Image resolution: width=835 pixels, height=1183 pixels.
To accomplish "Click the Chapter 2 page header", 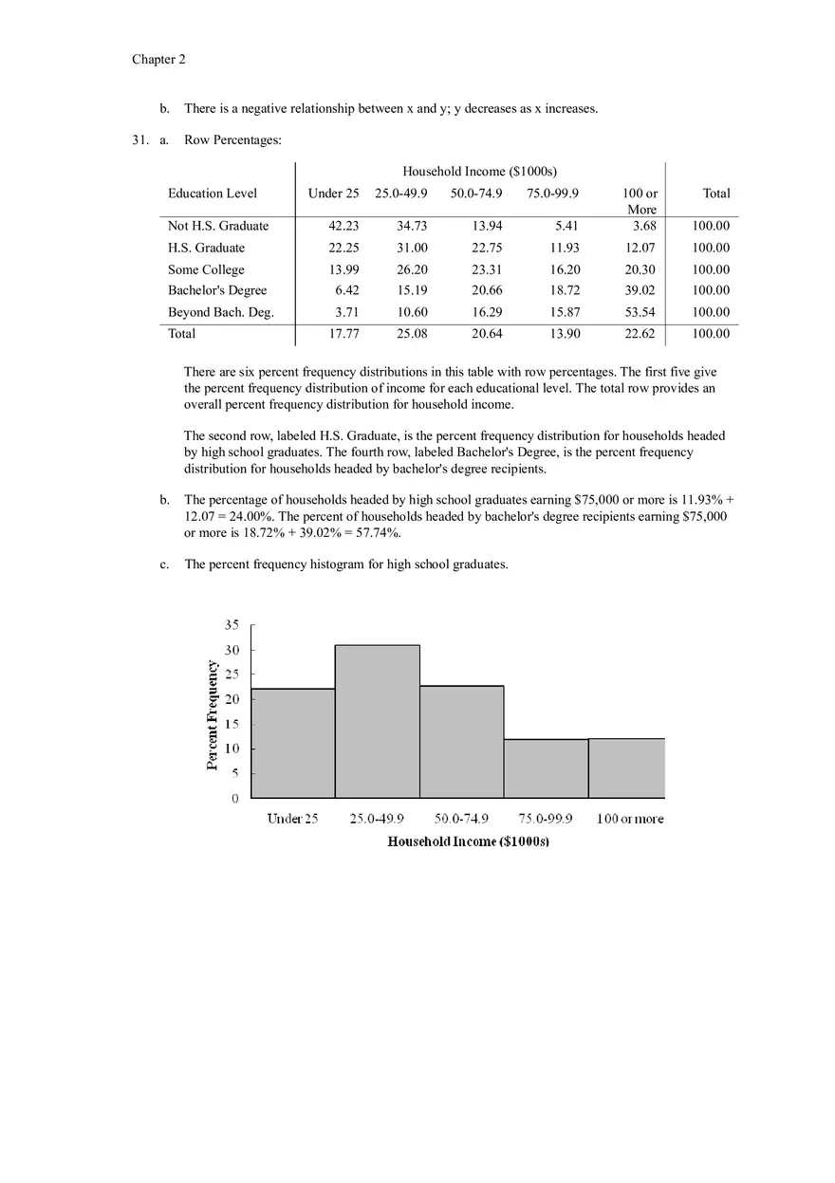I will pyautogui.click(x=158, y=60).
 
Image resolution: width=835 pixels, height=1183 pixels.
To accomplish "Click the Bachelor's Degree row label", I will pyautogui.click(x=217, y=290).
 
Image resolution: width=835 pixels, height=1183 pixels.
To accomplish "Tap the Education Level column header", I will pyautogui.click(x=213, y=194).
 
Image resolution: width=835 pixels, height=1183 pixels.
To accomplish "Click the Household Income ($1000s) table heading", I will pyautogui.click(x=479, y=172).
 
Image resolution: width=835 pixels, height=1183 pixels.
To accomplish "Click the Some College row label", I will pyautogui.click(x=206, y=269).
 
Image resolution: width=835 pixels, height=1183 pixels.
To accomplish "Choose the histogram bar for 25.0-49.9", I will pyautogui.click(x=377, y=721).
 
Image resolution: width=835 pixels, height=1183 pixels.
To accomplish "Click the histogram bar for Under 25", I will pyautogui.click(x=293, y=743).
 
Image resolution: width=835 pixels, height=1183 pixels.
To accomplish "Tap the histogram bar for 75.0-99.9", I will pyautogui.click(x=546, y=768).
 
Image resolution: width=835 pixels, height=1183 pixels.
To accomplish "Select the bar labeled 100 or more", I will pyautogui.click(x=626, y=767).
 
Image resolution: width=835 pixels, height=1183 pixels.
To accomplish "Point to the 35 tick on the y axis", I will pyautogui.click(x=232, y=625).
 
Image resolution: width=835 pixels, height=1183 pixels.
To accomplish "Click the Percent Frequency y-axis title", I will pyautogui.click(x=213, y=714).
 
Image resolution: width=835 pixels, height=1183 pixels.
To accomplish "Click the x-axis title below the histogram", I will pyautogui.click(x=469, y=842).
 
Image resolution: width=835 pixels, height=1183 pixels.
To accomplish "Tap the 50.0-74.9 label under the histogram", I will pyautogui.click(x=462, y=819).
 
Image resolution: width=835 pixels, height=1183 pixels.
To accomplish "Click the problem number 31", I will pyautogui.click(x=140, y=140).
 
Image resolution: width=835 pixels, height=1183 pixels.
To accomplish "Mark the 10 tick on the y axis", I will pyautogui.click(x=232, y=749).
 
